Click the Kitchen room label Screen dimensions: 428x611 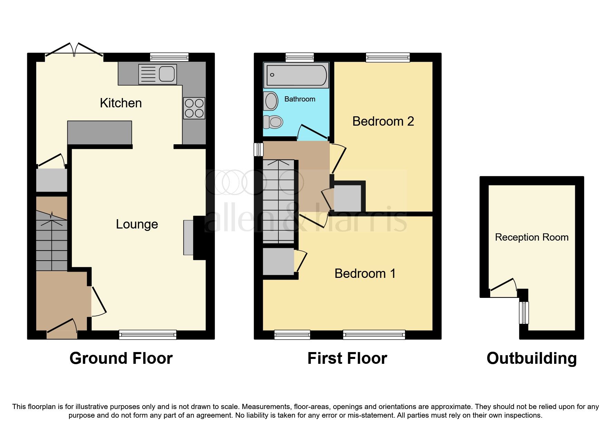point(121,103)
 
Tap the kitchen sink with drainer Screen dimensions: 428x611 point(157,74)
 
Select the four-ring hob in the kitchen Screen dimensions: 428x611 point(194,108)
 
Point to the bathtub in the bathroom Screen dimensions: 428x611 point(296,75)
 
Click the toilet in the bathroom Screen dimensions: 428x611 point(273,121)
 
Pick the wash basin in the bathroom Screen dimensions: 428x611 point(271,101)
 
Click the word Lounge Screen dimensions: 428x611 point(137,224)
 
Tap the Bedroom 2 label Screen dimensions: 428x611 point(383,121)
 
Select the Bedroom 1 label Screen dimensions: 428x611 point(365,274)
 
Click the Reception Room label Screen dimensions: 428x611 point(531,237)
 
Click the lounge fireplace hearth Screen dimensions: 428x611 point(188,237)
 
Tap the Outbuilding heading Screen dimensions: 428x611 point(531,359)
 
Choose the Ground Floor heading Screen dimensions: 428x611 point(121,359)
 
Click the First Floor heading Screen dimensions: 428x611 point(347,359)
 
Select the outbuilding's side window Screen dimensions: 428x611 point(524,312)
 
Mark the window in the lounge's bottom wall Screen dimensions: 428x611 point(148,334)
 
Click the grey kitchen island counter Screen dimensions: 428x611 point(99,133)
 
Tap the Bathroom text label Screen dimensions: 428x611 point(299,99)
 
